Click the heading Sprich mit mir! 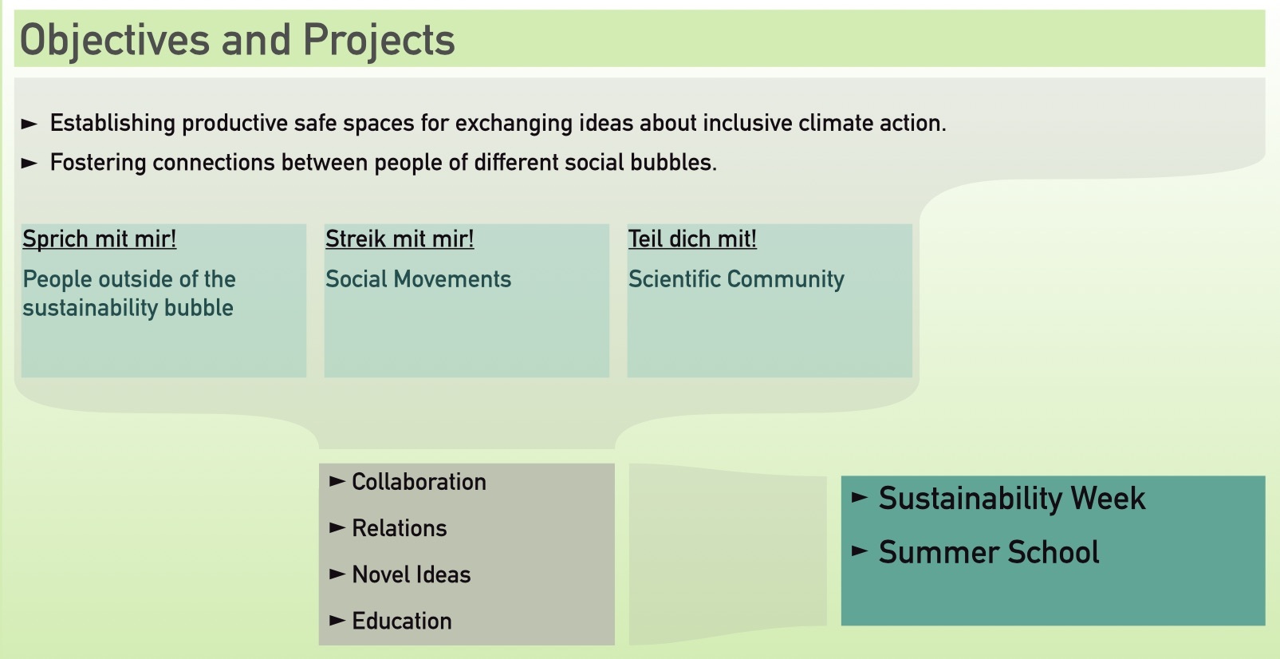(100, 239)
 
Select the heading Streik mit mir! (400, 239)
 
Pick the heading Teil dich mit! (692, 239)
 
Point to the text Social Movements (418, 279)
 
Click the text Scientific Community (736, 279)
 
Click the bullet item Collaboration (419, 482)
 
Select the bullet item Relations (400, 528)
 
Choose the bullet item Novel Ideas (412, 574)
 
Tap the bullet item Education (402, 622)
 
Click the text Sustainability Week (1012, 499)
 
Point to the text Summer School (989, 552)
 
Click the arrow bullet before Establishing (30, 124)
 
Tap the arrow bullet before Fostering (30, 163)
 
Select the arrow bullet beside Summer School (860, 551)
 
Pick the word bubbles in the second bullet (674, 163)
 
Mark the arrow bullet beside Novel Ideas (337, 574)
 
